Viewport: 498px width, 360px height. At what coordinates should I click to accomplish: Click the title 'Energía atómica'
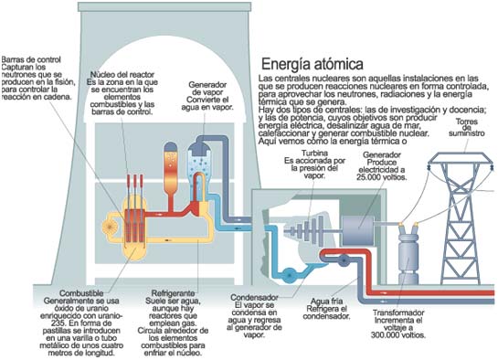[x=312, y=65]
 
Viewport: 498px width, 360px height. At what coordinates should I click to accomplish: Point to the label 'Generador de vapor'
[x=207, y=88]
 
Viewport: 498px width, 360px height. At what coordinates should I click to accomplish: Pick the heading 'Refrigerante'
[x=173, y=295]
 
